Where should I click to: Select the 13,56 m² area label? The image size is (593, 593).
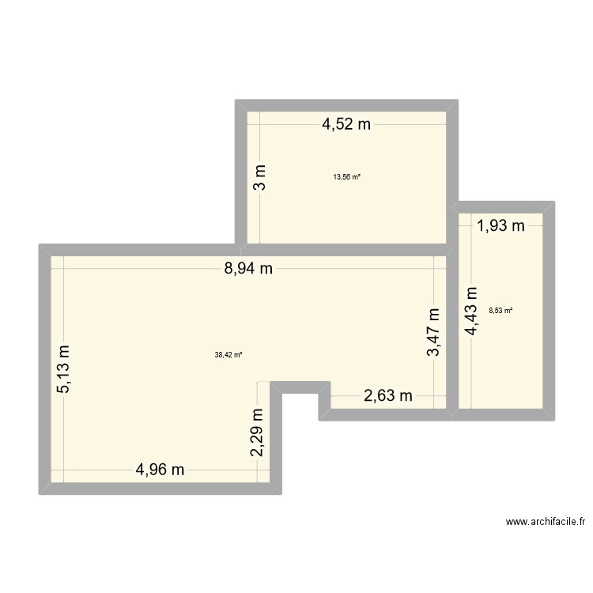click(x=347, y=177)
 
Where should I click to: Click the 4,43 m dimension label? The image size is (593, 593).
click(x=472, y=311)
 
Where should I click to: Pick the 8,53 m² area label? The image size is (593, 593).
click(x=500, y=311)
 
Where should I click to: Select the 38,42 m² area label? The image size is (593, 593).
click(x=229, y=355)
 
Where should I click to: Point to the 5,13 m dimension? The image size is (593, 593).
click(x=63, y=368)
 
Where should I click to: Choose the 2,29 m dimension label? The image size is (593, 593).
click(x=256, y=432)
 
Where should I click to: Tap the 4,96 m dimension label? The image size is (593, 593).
click(x=160, y=470)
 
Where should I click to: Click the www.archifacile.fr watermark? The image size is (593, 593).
click(x=545, y=522)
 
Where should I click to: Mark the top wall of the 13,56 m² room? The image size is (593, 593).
click(x=347, y=105)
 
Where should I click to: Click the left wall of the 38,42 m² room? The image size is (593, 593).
click(x=44, y=369)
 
